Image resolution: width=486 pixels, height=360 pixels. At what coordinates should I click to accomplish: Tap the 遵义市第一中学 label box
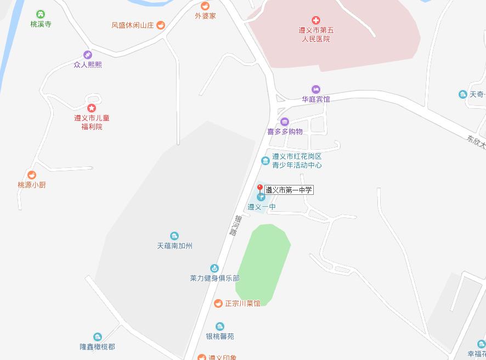(x=289, y=190)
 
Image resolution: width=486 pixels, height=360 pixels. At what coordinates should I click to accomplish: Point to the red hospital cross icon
(x=315, y=20)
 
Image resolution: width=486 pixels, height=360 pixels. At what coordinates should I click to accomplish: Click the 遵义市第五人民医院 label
(x=315, y=35)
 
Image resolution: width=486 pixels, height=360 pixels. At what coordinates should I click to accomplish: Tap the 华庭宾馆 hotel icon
(x=315, y=89)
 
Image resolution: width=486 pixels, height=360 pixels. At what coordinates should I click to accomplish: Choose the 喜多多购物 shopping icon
(x=284, y=122)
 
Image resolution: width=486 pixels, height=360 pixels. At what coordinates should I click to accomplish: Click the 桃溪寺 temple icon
(x=40, y=14)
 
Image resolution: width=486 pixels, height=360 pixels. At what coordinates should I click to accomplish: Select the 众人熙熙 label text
(x=88, y=64)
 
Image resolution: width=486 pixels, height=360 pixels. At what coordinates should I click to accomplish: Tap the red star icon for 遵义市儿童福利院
(x=92, y=108)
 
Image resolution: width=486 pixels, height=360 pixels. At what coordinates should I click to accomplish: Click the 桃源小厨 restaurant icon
(x=32, y=175)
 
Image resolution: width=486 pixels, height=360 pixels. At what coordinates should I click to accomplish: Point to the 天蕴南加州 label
(x=174, y=246)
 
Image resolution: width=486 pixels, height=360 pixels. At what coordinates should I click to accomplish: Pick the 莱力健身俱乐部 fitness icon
(x=214, y=268)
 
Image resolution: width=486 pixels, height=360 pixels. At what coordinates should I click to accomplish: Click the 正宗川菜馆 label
(x=242, y=303)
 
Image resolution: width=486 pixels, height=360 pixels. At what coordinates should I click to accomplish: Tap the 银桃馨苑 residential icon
(x=219, y=327)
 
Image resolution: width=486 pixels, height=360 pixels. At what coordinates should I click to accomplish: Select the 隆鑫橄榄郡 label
(x=97, y=347)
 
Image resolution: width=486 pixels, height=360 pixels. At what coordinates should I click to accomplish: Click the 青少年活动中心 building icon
(x=265, y=161)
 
